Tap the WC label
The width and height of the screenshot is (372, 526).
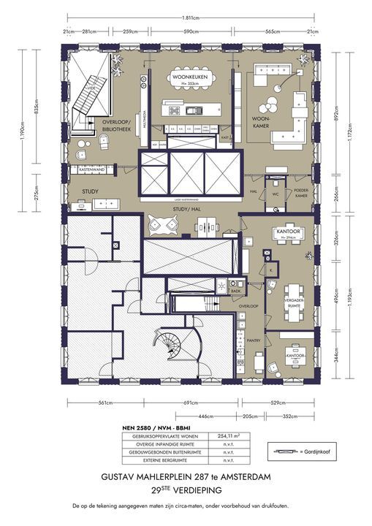click(276, 194)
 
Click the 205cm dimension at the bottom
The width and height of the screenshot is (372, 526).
click(249, 416)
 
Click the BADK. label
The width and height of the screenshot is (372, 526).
click(235, 291)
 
